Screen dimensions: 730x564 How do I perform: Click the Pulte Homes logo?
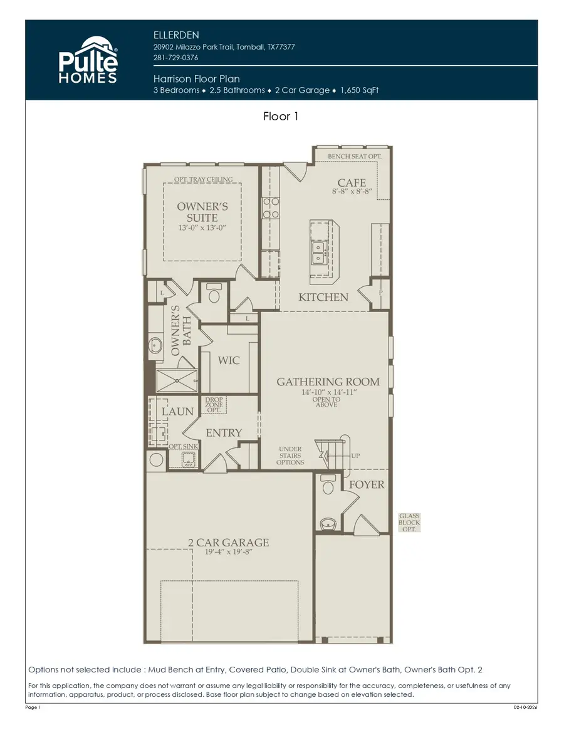[88, 60]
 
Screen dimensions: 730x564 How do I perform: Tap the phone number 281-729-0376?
[176, 58]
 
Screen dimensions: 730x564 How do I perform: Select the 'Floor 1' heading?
[281, 117]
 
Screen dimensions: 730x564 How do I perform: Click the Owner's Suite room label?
[202, 212]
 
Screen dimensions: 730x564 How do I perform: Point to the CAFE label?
[352, 182]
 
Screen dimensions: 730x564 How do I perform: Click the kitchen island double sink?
[318, 252]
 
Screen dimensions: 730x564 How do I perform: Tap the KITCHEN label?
[323, 297]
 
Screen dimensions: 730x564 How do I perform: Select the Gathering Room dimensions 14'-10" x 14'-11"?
[328, 392]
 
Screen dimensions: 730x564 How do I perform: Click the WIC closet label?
[229, 360]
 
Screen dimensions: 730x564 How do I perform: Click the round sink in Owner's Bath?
[155, 344]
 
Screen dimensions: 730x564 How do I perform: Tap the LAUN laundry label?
[178, 411]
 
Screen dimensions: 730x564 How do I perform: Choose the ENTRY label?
[224, 433]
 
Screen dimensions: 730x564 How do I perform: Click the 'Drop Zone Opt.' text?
[214, 404]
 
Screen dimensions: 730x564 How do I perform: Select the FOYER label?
[367, 484]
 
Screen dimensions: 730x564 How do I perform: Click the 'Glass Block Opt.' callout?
[409, 523]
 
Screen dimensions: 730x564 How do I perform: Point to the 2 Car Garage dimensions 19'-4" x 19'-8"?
[229, 553]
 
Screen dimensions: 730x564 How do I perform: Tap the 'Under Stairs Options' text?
[291, 456]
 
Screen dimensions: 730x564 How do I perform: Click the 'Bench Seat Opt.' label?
[358, 155]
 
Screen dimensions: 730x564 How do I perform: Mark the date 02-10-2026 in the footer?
[525, 707]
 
